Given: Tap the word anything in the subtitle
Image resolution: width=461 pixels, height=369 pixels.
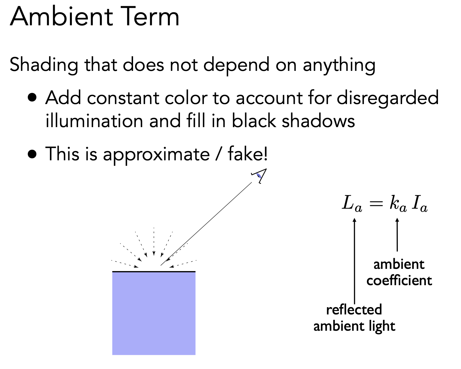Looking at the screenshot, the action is (x=339, y=65).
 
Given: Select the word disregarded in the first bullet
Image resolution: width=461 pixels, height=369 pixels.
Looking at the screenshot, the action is (x=387, y=98).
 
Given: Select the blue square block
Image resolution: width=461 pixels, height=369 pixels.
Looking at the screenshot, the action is (x=154, y=313).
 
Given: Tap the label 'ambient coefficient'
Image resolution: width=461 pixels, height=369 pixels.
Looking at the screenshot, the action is (x=399, y=273).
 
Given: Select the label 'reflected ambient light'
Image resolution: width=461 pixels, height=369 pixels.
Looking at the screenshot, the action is (x=354, y=318).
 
